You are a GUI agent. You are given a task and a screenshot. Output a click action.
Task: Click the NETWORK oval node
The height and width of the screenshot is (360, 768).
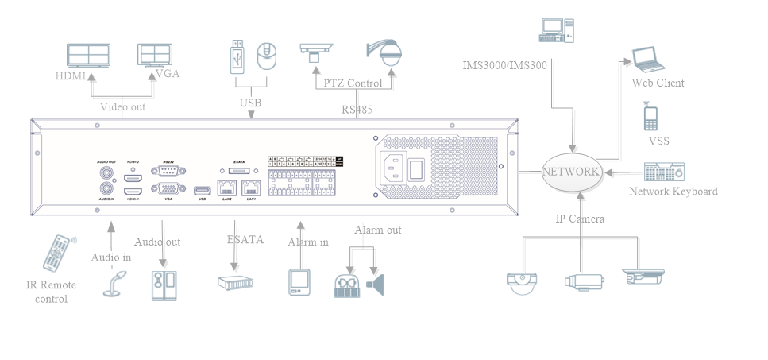coord(570,171)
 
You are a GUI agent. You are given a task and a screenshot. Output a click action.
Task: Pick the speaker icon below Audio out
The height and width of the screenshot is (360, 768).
coord(164,285)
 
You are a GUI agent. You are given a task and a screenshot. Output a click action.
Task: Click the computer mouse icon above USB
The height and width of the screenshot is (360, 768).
coord(268,56)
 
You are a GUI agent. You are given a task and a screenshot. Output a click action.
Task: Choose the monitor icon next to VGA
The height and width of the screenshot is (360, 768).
coord(156,54)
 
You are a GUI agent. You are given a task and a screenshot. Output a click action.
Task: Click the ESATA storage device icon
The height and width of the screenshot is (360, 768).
coord(237,282)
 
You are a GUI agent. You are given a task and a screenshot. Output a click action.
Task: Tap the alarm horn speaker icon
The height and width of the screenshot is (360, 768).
coord(375,284)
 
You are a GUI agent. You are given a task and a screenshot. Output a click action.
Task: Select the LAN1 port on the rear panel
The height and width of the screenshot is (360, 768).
coord(251,188)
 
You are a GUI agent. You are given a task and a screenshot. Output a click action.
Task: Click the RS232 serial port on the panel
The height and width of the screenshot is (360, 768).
coord(168,171)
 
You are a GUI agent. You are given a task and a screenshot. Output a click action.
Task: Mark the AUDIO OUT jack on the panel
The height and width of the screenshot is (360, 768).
coord(104,171)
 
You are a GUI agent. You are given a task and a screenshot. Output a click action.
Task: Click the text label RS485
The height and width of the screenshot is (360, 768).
coord(357,110)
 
